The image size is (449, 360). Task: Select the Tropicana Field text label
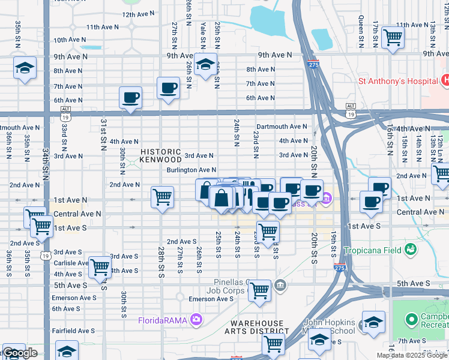click(372, 250)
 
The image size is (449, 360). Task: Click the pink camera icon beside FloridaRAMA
click(196, 319)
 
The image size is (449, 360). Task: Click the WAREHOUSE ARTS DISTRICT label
click(257, 326)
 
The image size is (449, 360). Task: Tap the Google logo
click(20, 353)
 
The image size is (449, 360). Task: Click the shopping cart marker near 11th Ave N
click(393, 37)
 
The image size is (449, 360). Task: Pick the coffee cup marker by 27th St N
click(168, 88)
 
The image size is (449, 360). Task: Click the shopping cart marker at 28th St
click(163, 196)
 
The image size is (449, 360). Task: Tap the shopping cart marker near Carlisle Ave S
click(99, 267)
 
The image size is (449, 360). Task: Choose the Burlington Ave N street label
click(191, 170)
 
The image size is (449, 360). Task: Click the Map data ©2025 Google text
click(412, 355)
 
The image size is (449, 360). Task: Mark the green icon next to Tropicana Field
click(411, 248)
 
